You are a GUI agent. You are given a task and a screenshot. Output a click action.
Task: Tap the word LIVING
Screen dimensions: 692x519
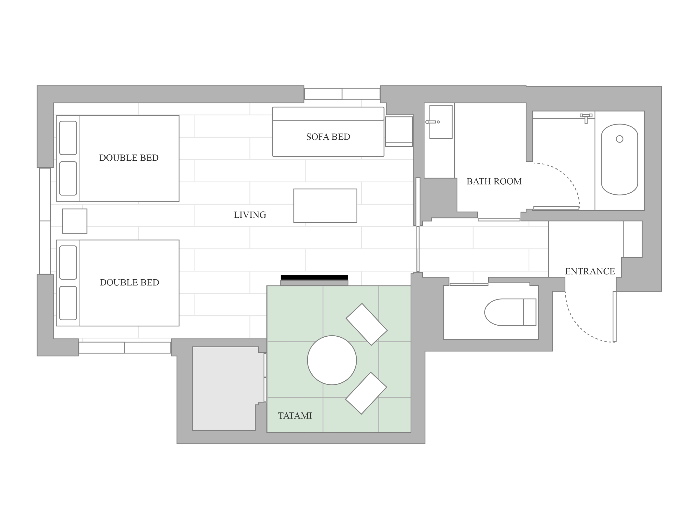click(250, 215)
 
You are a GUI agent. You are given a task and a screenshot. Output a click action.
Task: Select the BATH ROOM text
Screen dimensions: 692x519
click(494, 181)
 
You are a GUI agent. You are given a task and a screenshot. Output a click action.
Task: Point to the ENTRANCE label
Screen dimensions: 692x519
click(590, 271)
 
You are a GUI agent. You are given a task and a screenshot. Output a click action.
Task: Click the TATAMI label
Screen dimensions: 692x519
click(295, 416)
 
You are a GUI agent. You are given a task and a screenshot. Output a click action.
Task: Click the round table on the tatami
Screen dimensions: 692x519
click(332, 360)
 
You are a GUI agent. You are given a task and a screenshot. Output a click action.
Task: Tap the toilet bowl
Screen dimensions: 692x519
click(504, 312)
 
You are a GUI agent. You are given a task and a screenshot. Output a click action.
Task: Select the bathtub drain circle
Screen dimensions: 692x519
click(619, 139)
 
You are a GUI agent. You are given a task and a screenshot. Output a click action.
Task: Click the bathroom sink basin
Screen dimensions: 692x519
click(441, 122)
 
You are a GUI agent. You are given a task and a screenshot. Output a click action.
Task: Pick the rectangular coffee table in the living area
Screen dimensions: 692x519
click(325, 206)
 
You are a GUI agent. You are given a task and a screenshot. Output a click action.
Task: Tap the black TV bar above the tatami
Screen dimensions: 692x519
click(314, 277)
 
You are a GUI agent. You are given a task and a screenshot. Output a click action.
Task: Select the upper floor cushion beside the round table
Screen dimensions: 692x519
click(367, 324)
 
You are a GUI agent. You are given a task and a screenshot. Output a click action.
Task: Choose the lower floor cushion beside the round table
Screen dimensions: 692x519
click(366, 393)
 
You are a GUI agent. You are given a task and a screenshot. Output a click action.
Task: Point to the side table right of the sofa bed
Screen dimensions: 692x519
click(399, 132)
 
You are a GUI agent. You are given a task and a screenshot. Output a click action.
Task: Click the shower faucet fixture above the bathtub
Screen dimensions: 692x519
click(586, 118)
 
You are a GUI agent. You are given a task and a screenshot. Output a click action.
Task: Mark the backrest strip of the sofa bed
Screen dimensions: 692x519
click(328, 114)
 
